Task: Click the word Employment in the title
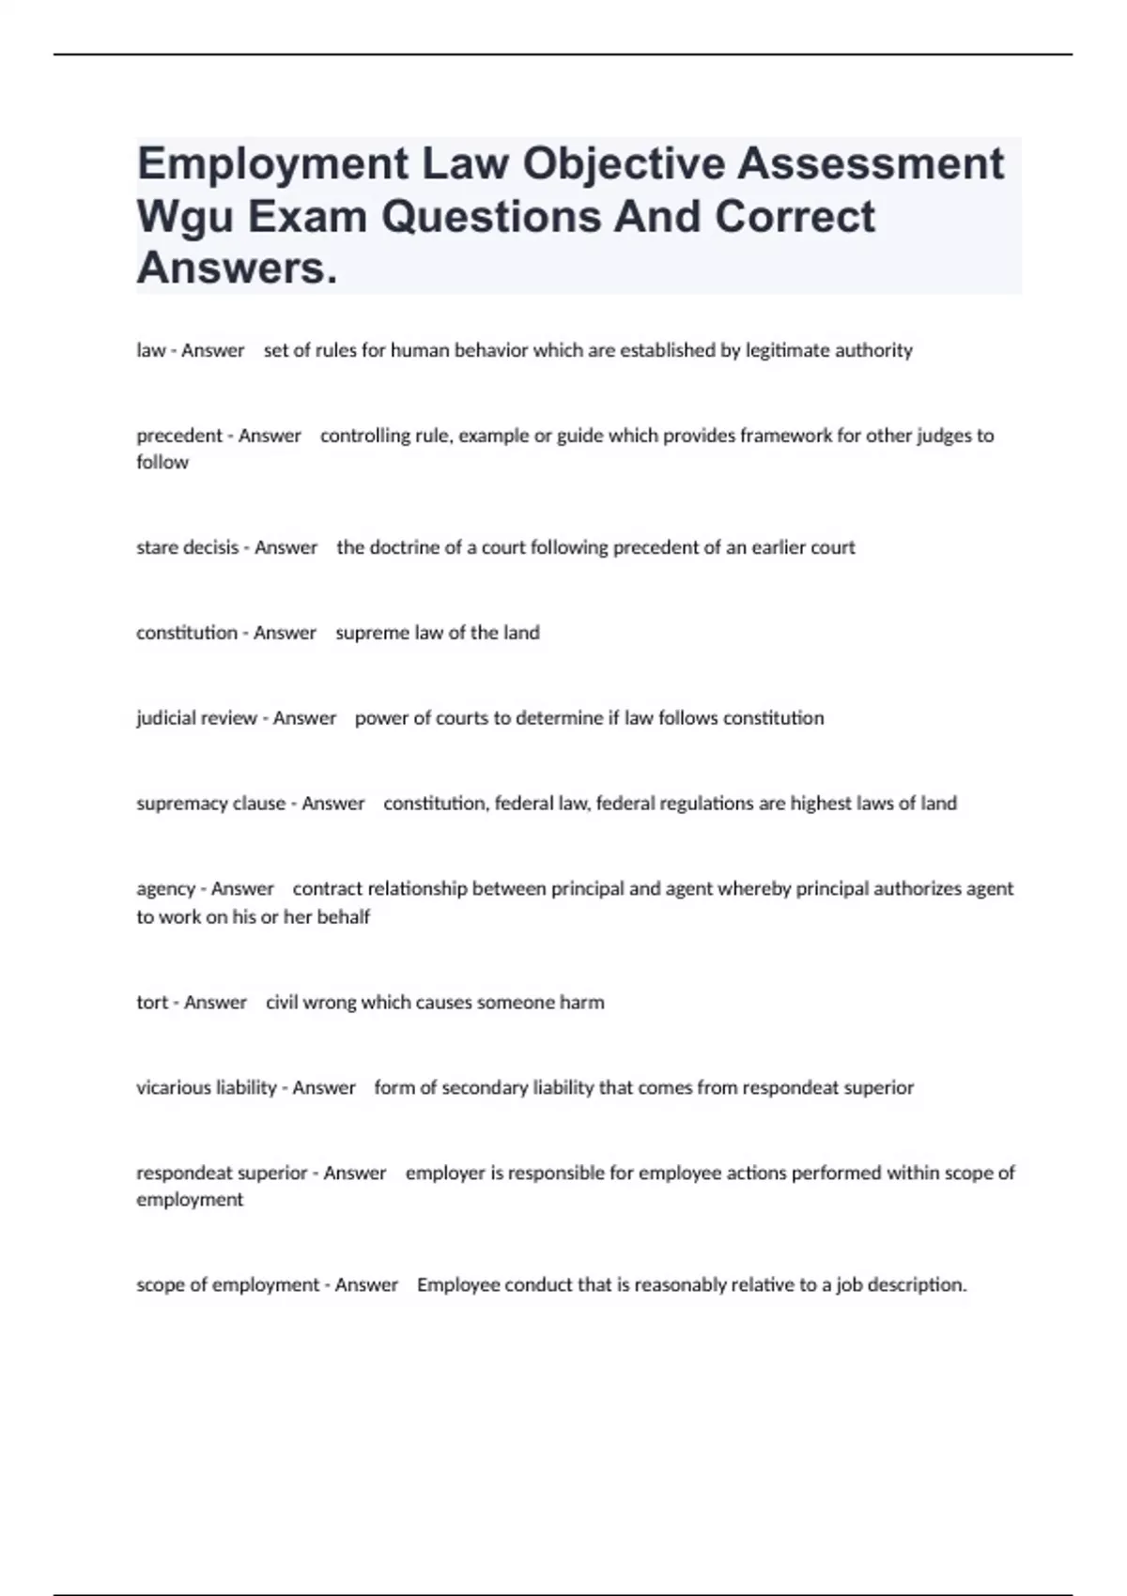[x=273, y=164]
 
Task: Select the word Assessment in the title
[x=871, y=164]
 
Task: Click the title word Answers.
[x=237, y=269]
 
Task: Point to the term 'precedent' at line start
[x=179, y=436]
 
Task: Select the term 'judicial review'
[x=196, y=718]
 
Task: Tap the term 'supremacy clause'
[x=210, y=804]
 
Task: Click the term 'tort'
[x=152, y=1003]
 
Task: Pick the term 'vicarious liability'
[x=207, y=1088]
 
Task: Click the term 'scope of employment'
[x=227, y=1284]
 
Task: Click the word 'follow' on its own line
[x=162, y=462]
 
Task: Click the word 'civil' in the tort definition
[x=282, y=1003]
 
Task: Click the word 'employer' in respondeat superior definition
[x=445, y=1173]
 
